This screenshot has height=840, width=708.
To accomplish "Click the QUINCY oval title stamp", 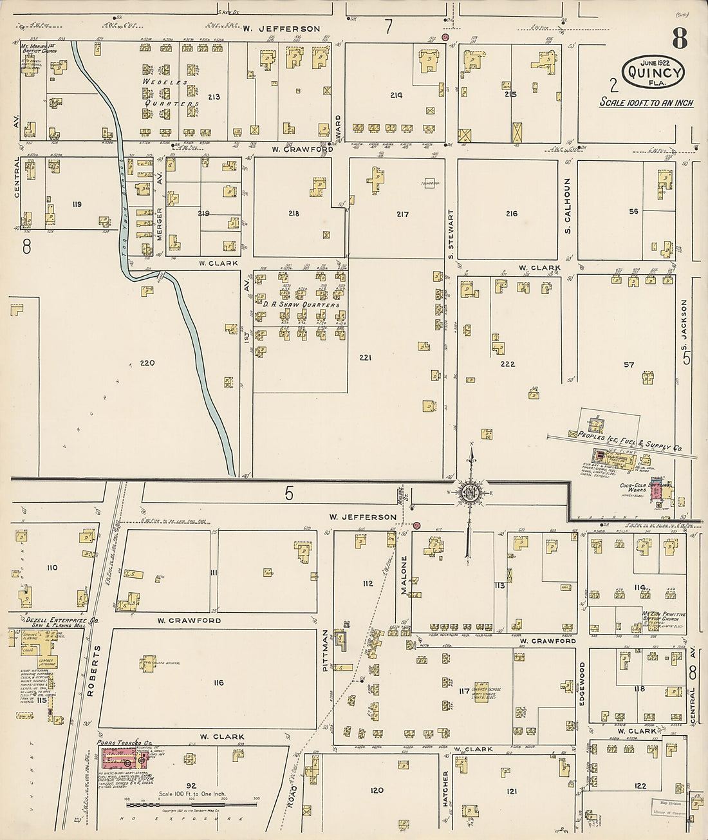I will coord(653,72).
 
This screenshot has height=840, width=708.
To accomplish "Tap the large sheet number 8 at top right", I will coord(680,40).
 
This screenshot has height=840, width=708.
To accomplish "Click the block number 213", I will coord(214,97).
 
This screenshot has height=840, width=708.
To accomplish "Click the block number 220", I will coord(147,363).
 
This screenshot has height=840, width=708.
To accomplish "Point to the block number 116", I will coord(218,682).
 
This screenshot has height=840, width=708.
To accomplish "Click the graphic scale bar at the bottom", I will coord(191,805).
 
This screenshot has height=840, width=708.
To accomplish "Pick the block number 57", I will coord(628,365).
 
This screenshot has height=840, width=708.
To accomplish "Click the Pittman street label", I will coord(325,651).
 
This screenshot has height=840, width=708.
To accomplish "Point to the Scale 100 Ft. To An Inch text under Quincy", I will coord(646,102).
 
